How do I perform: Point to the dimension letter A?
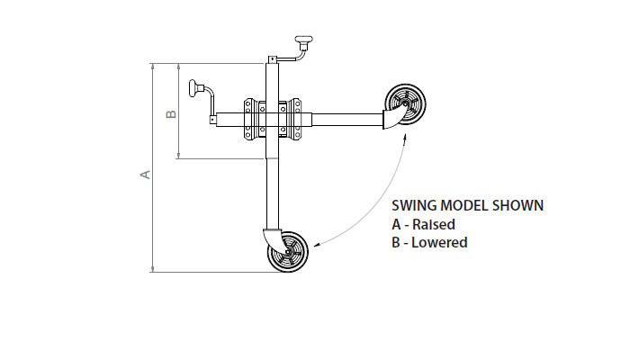click(145, 174)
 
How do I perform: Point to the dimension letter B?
click(171, 113)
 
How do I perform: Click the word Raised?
click(434, 224)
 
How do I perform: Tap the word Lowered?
click(439, 242)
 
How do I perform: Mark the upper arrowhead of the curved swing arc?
click(404, 136)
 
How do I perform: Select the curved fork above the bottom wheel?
click(271, 238)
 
